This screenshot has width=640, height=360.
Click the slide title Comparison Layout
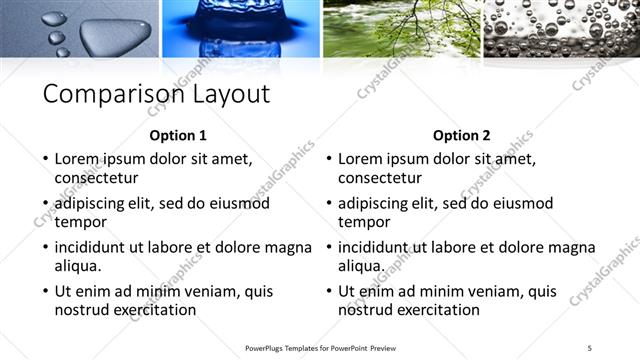point(156,94)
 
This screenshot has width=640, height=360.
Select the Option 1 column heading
point(178,136)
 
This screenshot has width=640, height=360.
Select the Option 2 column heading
point(462,136)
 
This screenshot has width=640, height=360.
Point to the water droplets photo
point(80,28)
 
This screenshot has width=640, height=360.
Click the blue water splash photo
point(240,28)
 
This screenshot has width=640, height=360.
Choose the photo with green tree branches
point(400,28)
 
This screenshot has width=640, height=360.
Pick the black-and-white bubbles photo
point(561,28)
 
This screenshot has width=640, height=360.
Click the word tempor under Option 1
point(81,222)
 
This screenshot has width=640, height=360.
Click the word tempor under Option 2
point(364,222)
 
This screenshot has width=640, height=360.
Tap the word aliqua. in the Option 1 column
point(79,266)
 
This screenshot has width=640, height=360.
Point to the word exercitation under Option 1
point(152,310)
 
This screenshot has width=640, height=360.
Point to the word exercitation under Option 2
point(436,310)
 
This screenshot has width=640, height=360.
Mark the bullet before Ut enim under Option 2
point(328,292)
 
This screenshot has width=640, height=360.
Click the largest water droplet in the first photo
point(106,38)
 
